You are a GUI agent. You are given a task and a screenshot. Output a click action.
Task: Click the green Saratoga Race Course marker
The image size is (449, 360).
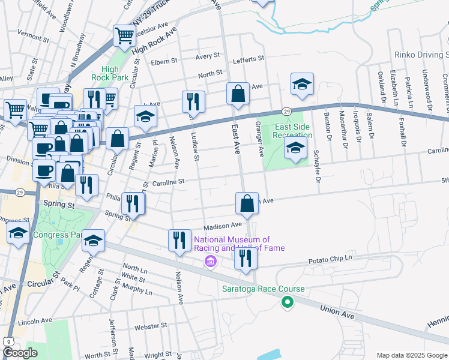tap(288, 304)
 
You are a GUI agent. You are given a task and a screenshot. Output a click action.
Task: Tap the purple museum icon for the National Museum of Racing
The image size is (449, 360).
tap(210, 262)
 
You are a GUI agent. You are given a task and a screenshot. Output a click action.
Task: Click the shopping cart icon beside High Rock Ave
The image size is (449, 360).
tap(124, 36)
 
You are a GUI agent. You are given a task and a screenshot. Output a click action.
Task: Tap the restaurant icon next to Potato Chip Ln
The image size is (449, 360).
tap(246, 257)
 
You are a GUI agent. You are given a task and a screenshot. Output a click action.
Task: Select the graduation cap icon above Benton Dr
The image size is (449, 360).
tap(302, 84)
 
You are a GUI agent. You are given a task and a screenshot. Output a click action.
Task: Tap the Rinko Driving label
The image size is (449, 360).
tap(421, 55)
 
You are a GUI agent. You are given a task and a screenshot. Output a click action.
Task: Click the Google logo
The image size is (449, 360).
tap(20, 353)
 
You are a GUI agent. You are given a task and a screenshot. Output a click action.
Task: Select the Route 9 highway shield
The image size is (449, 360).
tap(8, 341)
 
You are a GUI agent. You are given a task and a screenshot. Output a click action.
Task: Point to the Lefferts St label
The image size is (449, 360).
tap(248, 58)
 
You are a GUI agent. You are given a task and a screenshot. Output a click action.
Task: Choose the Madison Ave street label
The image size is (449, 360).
tap(222, 226)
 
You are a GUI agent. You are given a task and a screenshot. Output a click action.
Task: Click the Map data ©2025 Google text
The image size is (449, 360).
tap(411, 355)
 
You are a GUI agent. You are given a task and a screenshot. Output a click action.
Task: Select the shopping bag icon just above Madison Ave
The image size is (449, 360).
tap(247, 203)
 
